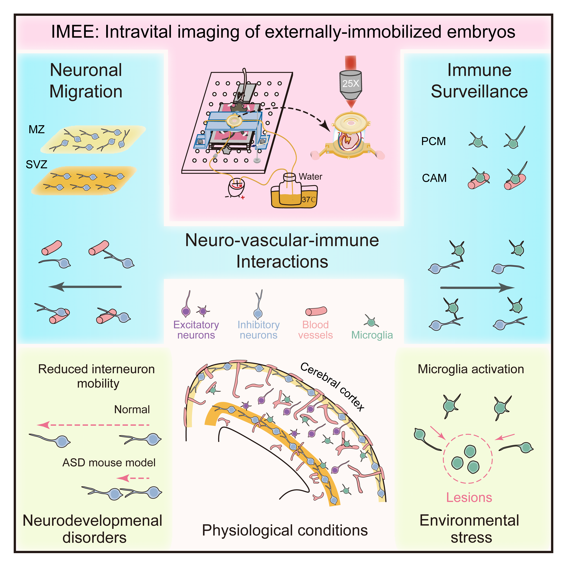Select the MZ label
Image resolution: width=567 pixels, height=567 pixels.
point(37,129)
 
